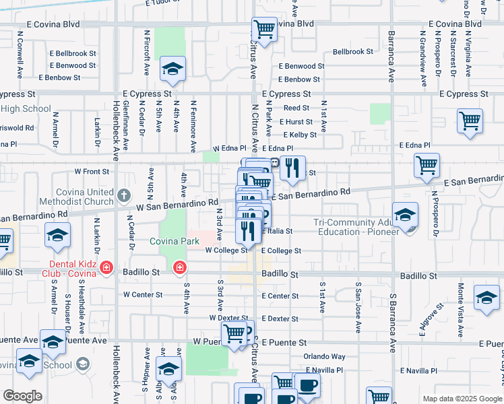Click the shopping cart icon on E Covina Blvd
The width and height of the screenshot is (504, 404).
click(x=265, y=29)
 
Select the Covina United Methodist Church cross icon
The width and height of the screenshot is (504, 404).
click(x=123, y=196)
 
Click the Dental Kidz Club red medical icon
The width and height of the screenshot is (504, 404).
click(x=106, y=269)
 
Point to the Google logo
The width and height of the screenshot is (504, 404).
click(x=22, y=396)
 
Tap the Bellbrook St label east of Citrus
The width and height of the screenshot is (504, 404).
click(x=352, y=51)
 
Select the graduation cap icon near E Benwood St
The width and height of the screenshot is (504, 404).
click(x=172, y=69)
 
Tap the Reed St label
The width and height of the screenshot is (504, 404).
click(x=296, y=108)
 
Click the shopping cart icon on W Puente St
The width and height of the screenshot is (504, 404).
click(x=234, y=333)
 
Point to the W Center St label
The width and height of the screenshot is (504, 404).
click(x=143, y=295)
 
